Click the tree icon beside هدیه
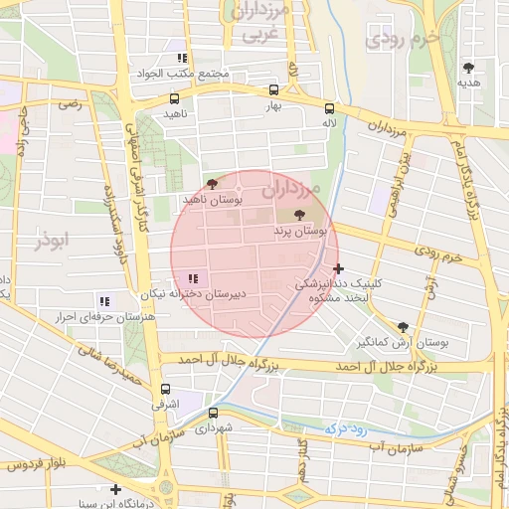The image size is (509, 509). click(468, 68)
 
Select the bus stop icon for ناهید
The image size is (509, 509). click(174, 98)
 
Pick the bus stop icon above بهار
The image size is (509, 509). click(274, 88)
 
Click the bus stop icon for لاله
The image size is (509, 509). click(329, 108)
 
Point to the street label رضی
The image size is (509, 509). click(69, 102)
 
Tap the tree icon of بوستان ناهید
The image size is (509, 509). click(211, 184)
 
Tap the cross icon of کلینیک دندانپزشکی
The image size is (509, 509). click(339, 267)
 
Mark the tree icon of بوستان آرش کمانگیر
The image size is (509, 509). click(403, 326)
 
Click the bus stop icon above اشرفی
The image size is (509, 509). click(164, 389)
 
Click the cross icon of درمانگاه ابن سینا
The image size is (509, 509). click(116, 489)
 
